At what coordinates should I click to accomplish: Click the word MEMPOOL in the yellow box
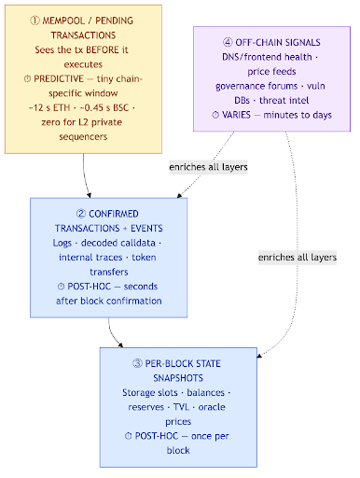click(63, 21)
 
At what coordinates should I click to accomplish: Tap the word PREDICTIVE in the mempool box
click(59, 78)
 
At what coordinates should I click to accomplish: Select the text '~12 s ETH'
click(49, 107)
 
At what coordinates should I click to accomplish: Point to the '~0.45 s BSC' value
click(104, 107)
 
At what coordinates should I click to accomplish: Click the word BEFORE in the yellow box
click(103, 49)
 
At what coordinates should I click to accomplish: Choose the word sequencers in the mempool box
click(83, 136)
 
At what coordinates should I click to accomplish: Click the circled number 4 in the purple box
click(228, 42)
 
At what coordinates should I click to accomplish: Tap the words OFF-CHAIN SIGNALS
click(278, 42)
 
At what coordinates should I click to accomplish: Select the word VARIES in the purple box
click(236, 115)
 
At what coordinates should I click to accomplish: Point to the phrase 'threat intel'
click(284, 100)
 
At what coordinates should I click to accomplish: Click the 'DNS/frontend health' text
click(267, 57)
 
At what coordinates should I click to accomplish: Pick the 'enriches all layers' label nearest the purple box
click(208, 167)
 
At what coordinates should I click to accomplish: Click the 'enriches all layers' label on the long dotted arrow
click(298, 258)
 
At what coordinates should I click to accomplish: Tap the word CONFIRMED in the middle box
click(114, 214)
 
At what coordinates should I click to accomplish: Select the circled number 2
click(81, 214)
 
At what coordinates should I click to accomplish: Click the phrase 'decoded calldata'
click(118, 243)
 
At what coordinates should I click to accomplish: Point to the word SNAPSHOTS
click(178, 378)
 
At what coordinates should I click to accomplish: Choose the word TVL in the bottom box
click(181, 407)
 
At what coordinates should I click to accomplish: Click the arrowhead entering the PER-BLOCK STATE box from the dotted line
click(260, 356)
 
